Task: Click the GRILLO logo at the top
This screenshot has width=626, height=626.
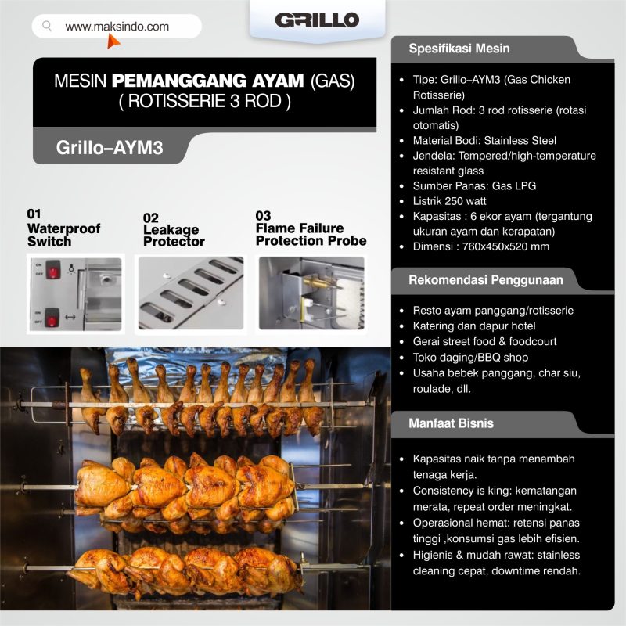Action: coord(317,20)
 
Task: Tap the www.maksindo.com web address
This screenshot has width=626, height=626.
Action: coord(117,27)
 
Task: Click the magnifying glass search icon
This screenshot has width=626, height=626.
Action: coord(47,27)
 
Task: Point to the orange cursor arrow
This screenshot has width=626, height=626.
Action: coord(113,41)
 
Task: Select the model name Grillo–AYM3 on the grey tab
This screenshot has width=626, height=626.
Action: coord(110,147)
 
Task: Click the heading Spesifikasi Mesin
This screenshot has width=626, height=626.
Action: coord(459,49)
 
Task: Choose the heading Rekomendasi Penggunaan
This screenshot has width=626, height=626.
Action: coord(485,280)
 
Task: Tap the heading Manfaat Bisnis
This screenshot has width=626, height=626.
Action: coord(451,423)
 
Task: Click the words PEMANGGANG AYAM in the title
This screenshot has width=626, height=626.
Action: coord(207,81)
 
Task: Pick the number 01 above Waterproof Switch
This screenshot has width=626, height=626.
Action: coord(34,214)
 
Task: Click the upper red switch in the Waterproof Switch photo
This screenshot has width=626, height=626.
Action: coord(52,269)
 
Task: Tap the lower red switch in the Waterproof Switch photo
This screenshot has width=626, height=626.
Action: coord(52,318)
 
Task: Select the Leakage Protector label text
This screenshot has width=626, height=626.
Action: coord(174,236)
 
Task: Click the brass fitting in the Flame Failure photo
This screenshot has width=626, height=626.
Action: coord(316,283)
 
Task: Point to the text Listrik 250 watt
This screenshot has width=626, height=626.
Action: coord(449,201)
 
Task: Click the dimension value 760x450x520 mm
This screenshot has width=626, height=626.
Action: coord(505,246)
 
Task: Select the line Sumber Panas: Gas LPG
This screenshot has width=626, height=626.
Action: coord(474,185)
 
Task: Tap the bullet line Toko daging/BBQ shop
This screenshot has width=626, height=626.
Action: coord(470,358)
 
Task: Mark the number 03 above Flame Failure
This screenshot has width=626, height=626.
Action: coord(263,216)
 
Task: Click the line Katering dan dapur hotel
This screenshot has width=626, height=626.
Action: coord(474,326)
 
